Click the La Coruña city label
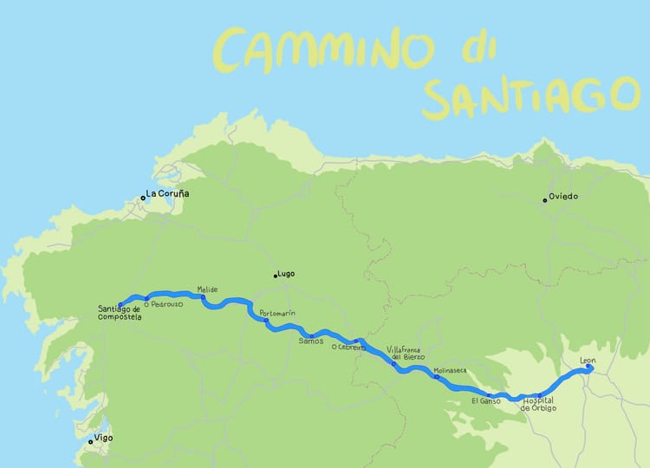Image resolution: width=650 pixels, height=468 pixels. click(x=168, y=194)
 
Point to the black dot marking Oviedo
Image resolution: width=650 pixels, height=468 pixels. click(x=545, y=200)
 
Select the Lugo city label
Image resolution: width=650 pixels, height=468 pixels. click(x=287, y=274)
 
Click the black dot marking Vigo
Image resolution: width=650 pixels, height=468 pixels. click(x=90, y=441)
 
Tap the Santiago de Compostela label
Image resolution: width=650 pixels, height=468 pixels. click(x=120, y=313)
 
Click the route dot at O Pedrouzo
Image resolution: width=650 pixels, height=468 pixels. click(x=146, y=298)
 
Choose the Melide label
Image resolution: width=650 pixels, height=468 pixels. click(x=207, y=289)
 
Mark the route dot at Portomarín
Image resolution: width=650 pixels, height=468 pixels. click(x=266, y=322)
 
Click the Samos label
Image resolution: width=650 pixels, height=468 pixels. click(x=310, y=341)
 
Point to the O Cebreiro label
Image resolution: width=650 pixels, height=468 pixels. click(x=348, y=348)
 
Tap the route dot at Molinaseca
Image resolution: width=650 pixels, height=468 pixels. click(x=436, y=377)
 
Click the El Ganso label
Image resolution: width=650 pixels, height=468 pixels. click(x=486, y=400)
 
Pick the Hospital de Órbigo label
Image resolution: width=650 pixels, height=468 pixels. click(x=540, y=404)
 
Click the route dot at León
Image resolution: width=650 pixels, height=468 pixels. click(x=588, y=367)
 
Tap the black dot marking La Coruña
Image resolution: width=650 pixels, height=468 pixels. click(x=143, y=198)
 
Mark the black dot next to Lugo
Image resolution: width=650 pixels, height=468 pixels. click(x=276, y=276)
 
